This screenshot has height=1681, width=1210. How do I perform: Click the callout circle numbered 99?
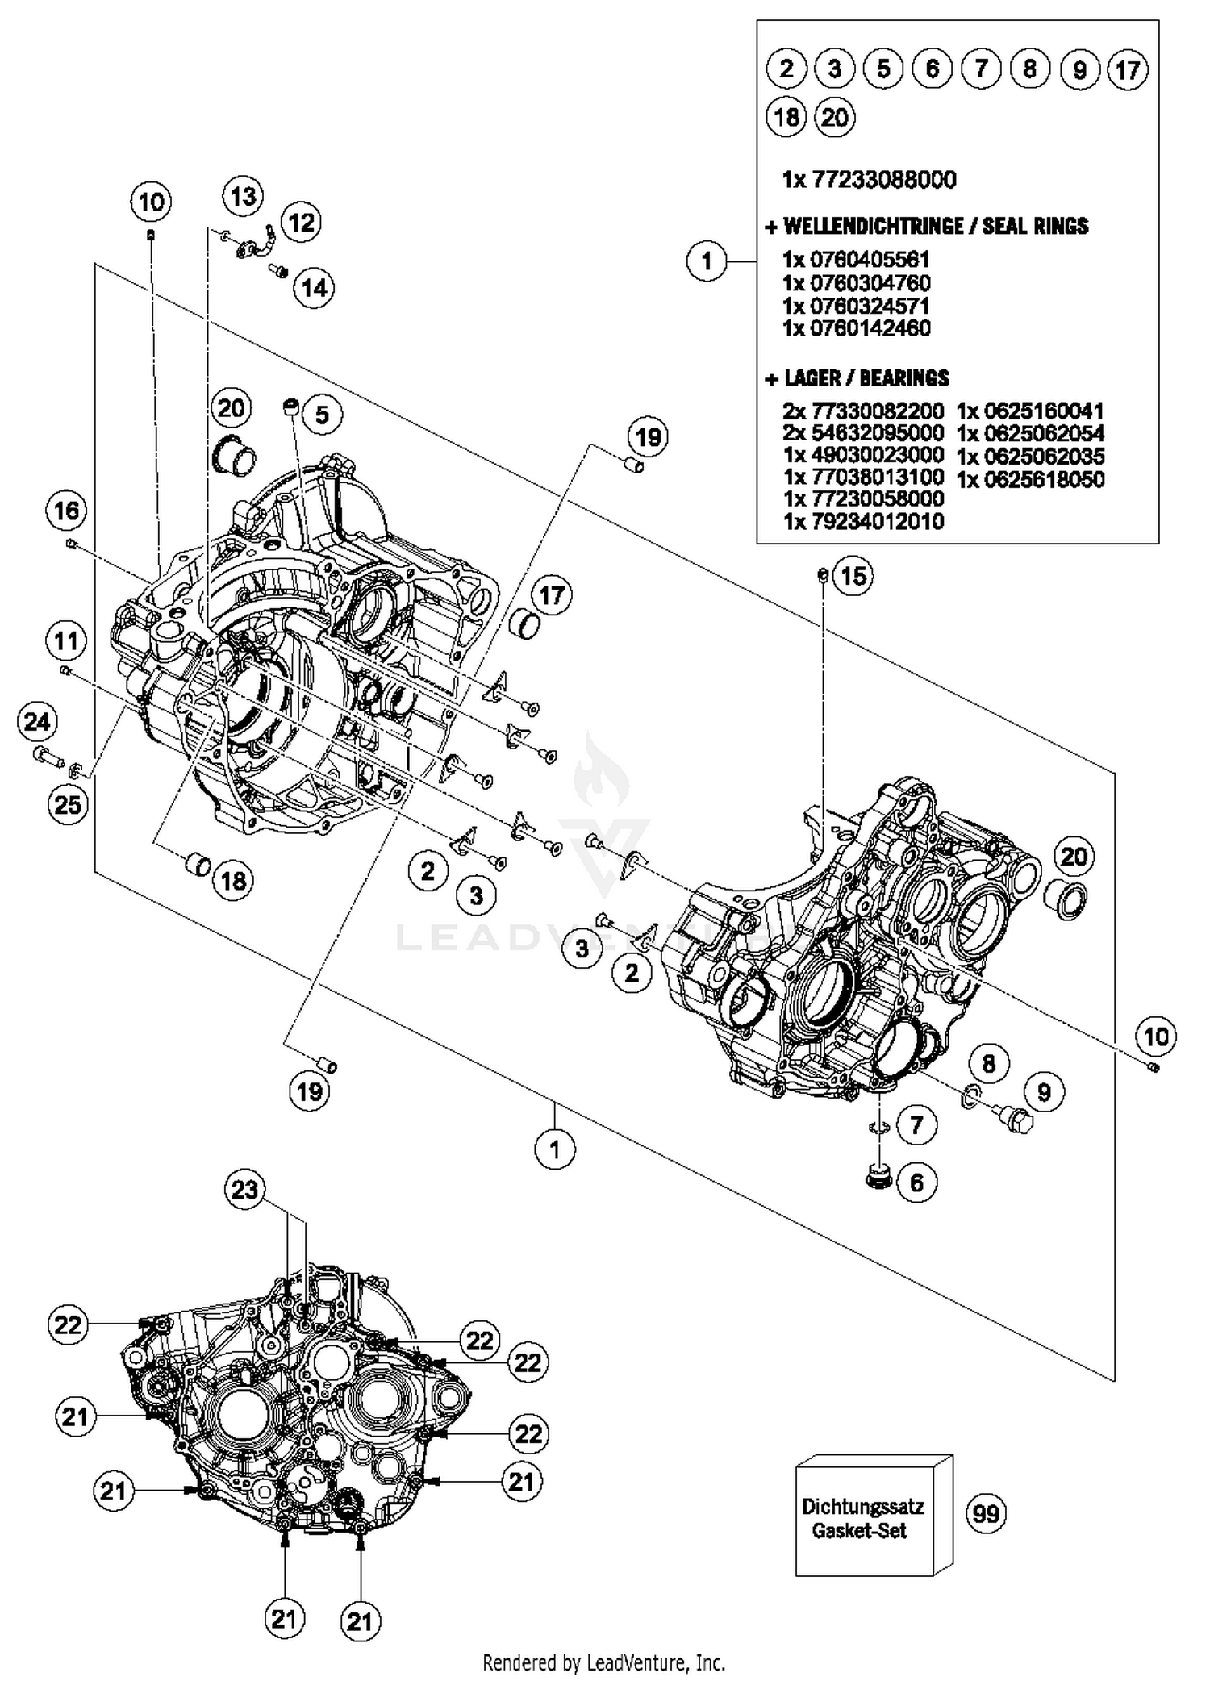pyautogui.click(x=986, y=1512)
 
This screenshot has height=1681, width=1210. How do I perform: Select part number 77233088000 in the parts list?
pyautogui.click(x=869, y=179)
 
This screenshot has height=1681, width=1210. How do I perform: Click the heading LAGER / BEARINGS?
pyautogui.click(x=857, y=377)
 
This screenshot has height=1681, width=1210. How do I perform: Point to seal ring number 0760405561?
pyautogui.click(x=857, y=260)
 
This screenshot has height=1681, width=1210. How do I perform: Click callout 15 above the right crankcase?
pyautogui.click(x=853, y=575)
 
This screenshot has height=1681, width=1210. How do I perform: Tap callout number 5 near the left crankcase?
pyautogui.click(x=321, y=415)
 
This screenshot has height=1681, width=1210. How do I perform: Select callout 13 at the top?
pyautogui.click(x=243, y=196)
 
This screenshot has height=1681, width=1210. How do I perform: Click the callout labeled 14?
pyautogui.click(x=314, y=287)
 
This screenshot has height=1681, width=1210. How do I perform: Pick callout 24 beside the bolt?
pyautogui.click(x=37, y=721)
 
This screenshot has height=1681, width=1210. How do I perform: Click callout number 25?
pyautogui.click(x=67, y=804)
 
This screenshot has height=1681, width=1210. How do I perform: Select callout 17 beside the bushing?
pyautogui.click(x=551, y=595)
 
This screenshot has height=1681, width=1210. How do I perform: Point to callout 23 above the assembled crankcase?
pyautogui.click(x=244, y=1189)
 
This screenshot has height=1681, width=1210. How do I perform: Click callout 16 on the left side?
pyautogui.click(x=67, y=510)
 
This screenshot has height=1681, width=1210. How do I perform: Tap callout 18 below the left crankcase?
pyautogui.click(x=233, y=880)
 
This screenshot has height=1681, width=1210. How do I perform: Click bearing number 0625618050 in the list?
pyautogui.click(x=1030, y=479)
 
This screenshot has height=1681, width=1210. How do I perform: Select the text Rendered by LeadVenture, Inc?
pyautogui.click(x=603, y=1662)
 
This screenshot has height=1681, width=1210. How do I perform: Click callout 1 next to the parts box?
pyautogui.click(x=707, y=261)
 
